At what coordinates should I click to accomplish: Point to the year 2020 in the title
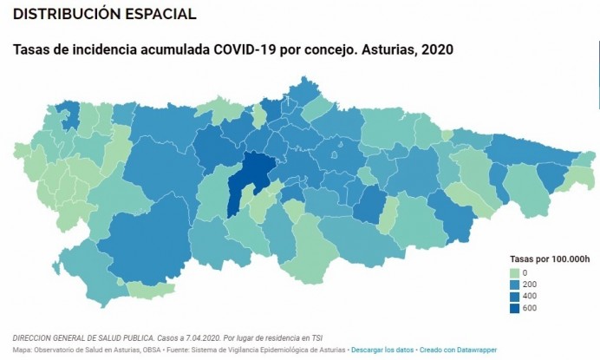[435, 49]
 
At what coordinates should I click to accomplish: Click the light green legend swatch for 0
[514, 273]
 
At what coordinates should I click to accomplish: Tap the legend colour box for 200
[514, 285]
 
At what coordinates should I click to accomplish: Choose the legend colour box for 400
[514, 296]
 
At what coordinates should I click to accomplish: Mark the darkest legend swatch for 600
[514, 307]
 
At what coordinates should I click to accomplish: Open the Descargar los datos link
[382, 350]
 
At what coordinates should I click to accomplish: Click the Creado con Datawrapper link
[458, 350]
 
